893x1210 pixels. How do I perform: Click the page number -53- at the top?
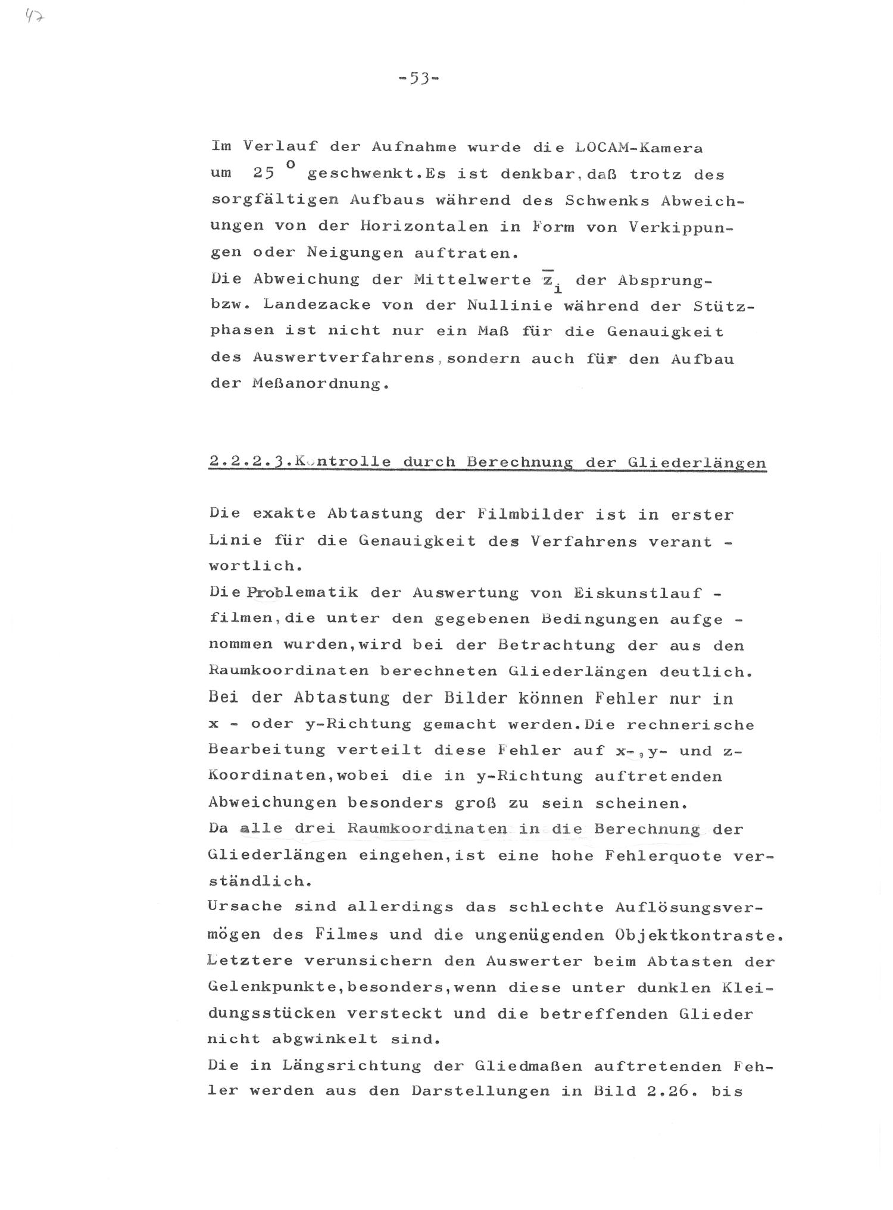pyautogui.click(x=419, y=78)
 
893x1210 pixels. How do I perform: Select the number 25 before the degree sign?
pyautogui.click(x=263, y=173)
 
